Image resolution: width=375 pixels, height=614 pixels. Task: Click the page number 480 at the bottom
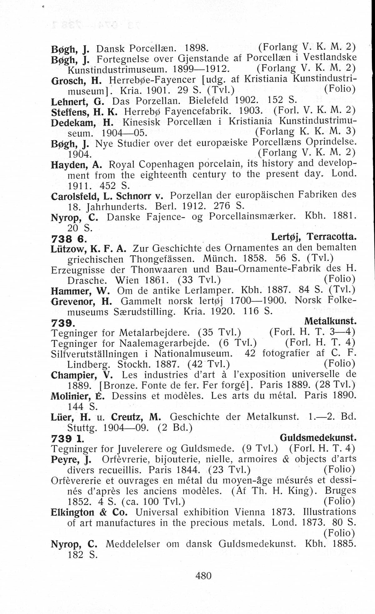tap(203, 575)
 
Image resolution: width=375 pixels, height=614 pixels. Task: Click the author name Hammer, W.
tap(80, 291)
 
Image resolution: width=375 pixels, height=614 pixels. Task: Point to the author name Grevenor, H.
tap(82, 301)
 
